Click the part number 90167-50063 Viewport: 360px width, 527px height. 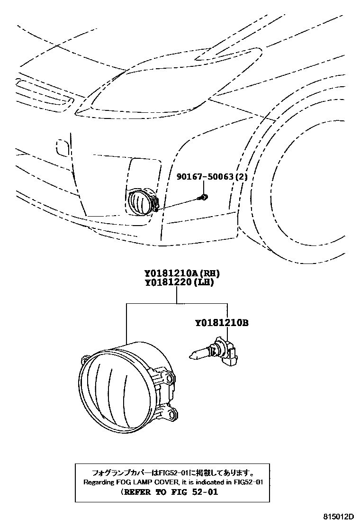[x=207, y=177]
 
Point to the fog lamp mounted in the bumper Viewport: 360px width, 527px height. [x=141, y=201]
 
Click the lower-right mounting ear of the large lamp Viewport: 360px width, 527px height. [x=170, y=415]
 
